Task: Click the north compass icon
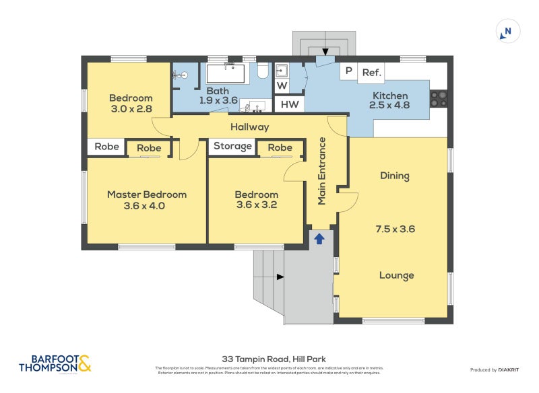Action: [507, 31]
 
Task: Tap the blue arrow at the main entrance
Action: [319, 238]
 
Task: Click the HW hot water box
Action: [290, 104]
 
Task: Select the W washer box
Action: [281, 85]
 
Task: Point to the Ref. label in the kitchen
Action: [371, 72]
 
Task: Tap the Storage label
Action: [232, 146]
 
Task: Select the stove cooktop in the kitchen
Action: [438, 99]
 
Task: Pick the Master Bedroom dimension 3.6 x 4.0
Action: [147, 207]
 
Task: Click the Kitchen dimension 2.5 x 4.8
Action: [391, 105]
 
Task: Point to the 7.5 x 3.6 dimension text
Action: [395, 229]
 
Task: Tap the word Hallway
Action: [249, 127]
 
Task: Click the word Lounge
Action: [396, 275]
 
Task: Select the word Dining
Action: [395, 176]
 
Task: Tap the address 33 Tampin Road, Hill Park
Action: [269, 359]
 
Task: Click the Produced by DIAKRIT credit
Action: [497, 370]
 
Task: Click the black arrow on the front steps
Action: [280, 277]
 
